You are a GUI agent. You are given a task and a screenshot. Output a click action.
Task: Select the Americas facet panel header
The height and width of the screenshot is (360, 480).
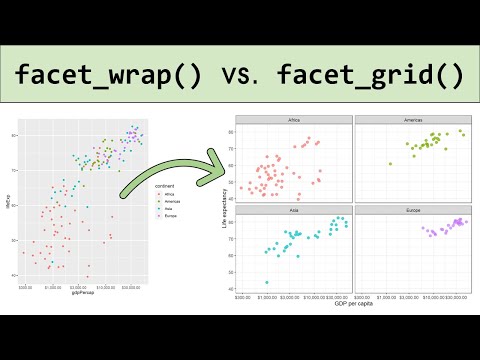pos(410,121)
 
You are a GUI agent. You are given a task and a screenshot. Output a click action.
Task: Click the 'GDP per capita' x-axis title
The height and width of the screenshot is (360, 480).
pos(352,303)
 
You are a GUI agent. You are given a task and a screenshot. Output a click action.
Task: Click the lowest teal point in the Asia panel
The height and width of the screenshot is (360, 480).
pos(266,282)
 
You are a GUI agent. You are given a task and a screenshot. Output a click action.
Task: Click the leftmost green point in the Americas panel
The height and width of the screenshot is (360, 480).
pos(389,162)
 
